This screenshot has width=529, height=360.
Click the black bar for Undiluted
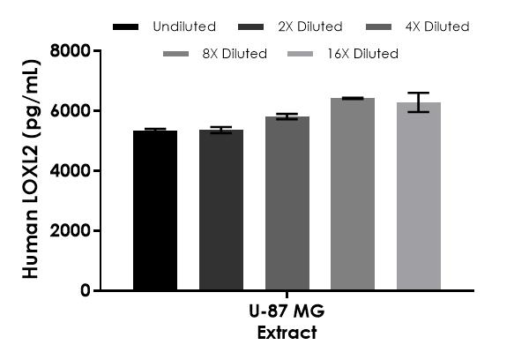[155, 210]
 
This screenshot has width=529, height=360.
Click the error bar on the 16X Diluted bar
[419, 102]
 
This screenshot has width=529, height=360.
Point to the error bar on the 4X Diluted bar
[287, 116]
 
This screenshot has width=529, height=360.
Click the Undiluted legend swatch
[128, 27]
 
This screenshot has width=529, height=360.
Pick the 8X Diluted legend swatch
[179, 55]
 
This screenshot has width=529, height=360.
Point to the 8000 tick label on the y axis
[73, 51]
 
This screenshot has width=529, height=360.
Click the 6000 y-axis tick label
[73, 111]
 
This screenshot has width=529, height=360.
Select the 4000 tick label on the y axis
[73, 171]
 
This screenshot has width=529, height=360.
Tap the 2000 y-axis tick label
[73, 231]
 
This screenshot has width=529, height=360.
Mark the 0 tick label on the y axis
[85, 290]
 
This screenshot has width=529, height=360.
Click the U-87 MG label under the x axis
[287, 316]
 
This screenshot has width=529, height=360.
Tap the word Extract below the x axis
[287, 333]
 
